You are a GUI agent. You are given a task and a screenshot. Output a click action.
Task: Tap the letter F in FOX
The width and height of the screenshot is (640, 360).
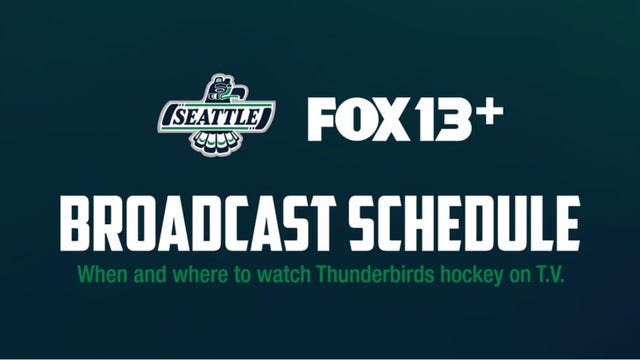pyautogui.click(x=322, y=120)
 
